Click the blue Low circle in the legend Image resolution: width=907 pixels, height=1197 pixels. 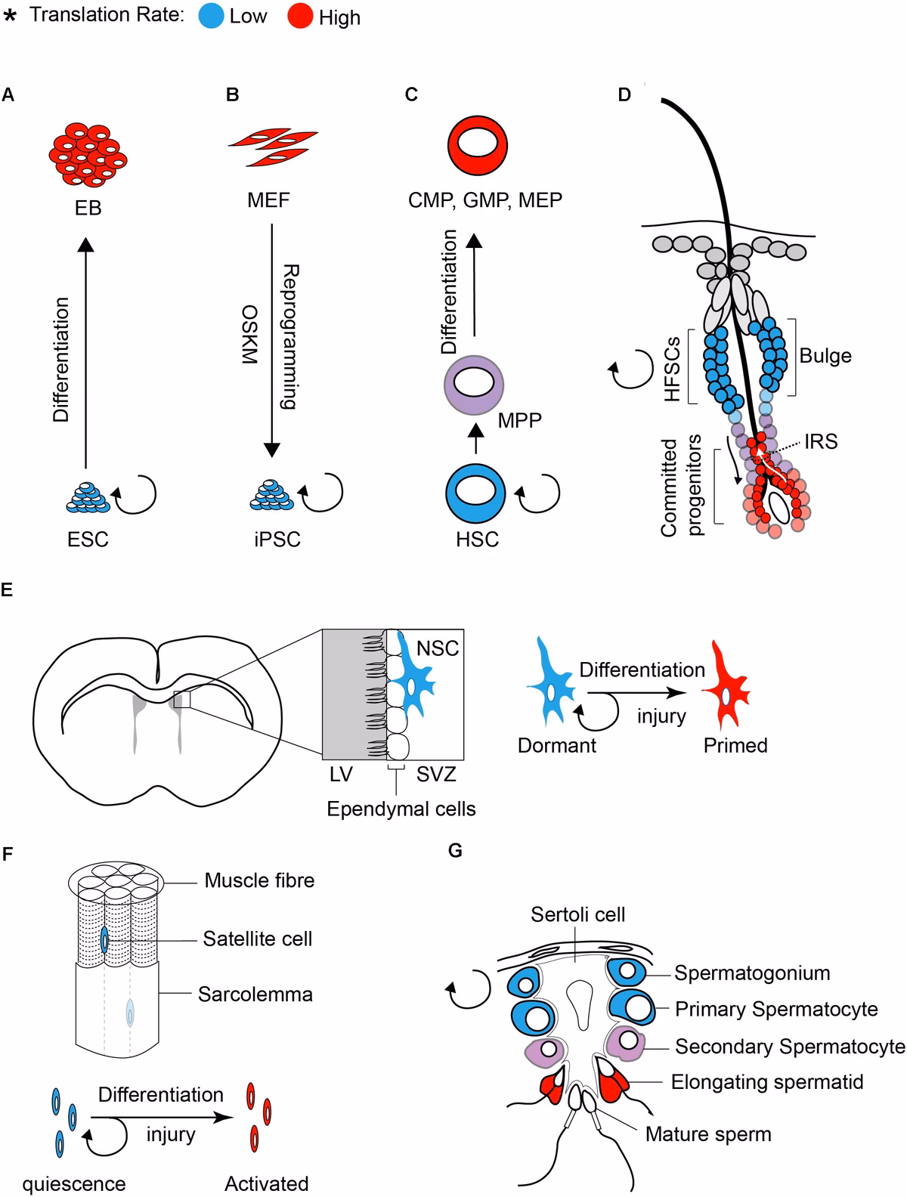(211, 15)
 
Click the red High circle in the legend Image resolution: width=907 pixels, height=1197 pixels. (300, 15)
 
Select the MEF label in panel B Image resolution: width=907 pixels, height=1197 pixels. (268, 201)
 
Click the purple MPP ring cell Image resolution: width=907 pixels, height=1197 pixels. (474, 385)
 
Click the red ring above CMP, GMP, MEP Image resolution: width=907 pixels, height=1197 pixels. (477, 145)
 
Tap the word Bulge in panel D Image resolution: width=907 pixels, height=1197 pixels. (825, 356)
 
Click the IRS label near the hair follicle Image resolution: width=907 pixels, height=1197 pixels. (821, 441)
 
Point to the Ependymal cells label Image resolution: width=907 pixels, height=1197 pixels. (401, 809)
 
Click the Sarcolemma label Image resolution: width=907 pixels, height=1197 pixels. (255, 994)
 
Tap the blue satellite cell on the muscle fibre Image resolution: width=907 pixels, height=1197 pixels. (105, 940)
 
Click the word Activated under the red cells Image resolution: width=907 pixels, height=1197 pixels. (266, 1183)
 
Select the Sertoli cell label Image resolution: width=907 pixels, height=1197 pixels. (577, 915)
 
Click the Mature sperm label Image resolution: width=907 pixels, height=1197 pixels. (707, 1134)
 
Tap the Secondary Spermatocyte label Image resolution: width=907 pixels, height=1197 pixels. (789, 1047)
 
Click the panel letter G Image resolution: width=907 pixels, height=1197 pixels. (455, 851)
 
